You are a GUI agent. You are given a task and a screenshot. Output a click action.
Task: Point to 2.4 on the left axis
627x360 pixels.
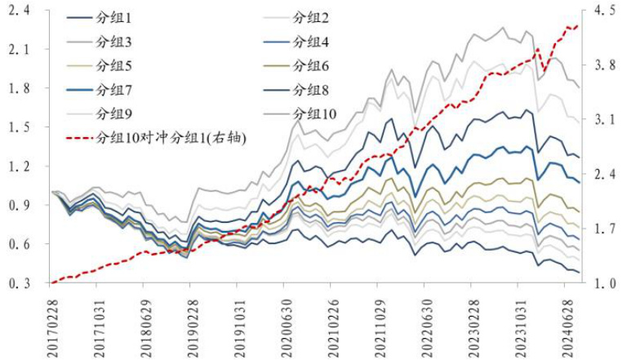[x=16, y=11]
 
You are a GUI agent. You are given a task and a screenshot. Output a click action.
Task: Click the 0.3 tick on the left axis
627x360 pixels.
[x=16, y=283]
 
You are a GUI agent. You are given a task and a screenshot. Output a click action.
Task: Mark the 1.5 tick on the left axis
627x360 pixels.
[x=16, y=127]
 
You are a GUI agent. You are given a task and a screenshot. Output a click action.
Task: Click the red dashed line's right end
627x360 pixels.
[x=578, y=25]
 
